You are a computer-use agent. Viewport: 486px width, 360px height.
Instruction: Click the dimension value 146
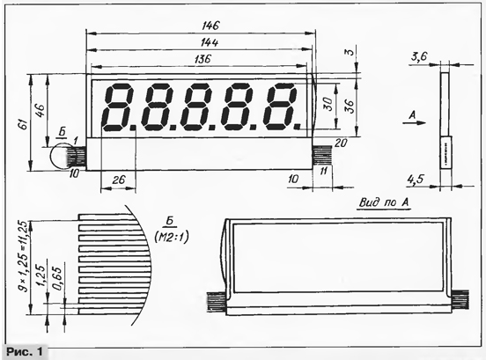pyautogui.click(x=210, y=26)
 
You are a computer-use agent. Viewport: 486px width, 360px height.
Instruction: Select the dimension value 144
pyautogui.click(x=210, y=42)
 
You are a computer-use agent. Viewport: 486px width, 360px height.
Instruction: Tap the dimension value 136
pyautogui.click(x=202, y=59)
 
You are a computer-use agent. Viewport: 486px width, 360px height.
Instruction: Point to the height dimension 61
pyautogui.click(x=24, y=124)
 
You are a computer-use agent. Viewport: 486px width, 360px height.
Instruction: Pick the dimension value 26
pyautogui.click(x=118, y=180)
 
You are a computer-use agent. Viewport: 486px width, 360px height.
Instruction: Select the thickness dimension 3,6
pyautogui.click(x=419, y=56)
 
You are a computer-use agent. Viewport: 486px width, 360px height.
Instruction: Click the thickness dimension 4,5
pyautogui.click(x=416, y=179)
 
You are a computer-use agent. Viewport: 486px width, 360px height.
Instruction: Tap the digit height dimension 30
pyautogui.click(x=328, y=104)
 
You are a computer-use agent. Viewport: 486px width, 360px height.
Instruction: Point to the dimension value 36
pyautogui.click(x=349, y=107)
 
